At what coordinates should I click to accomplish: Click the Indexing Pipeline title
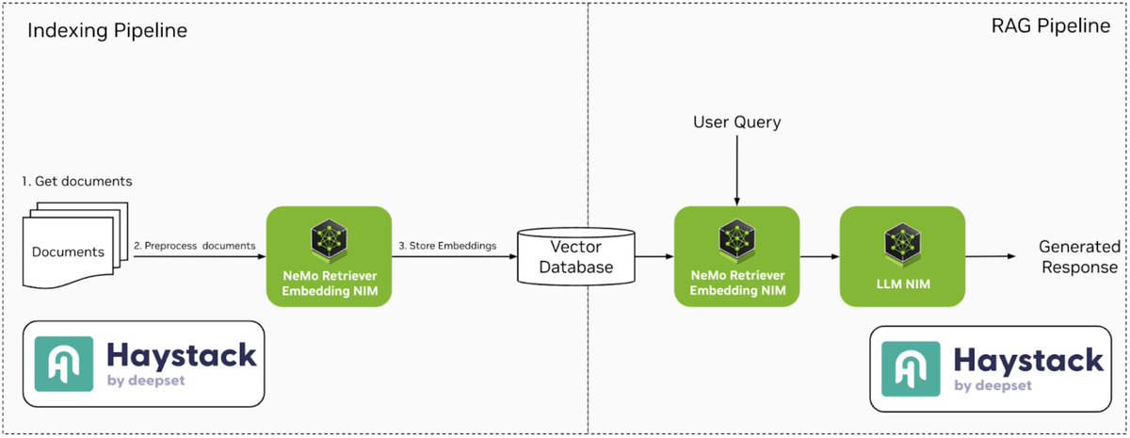(107, 31)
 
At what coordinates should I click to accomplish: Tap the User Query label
(736, 122)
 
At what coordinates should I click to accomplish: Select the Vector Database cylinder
(576, 256)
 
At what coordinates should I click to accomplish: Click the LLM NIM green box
(902, 256)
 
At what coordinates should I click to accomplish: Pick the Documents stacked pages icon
(71, 247)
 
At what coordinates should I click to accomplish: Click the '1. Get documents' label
(77, 181)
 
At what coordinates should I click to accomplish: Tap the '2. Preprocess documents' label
(194, 245)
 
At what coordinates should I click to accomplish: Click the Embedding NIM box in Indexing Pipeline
(330, 256)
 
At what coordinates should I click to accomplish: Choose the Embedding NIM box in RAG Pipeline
(736, 256)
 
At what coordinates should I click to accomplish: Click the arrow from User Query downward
(736, 170)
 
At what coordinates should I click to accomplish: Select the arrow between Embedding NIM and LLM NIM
(818, 256)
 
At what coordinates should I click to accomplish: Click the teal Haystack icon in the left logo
(64, 364)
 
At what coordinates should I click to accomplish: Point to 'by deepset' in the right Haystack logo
(993, 386)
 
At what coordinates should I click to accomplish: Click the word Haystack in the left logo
(181, 354)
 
